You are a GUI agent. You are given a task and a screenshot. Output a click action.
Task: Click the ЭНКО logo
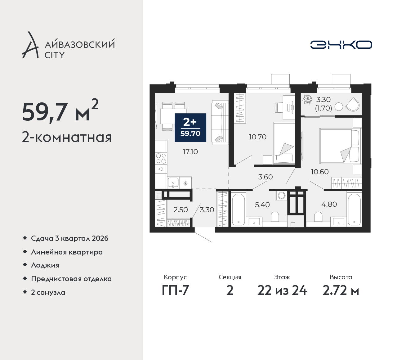[341, 45]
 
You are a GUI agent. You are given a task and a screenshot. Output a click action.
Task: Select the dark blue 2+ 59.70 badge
[190, 128]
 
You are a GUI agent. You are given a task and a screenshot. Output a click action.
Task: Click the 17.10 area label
[190, 152]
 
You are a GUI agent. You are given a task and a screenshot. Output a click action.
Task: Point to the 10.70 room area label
[258, 137]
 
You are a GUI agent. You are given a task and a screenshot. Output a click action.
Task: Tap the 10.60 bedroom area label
[320, 172]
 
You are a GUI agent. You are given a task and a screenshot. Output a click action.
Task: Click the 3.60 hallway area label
[265, 177]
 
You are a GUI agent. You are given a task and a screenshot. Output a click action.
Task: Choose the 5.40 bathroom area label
[262, 205]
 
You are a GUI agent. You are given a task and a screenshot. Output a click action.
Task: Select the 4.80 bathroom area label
[329, 204]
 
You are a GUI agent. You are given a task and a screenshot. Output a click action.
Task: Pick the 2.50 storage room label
[181, 210]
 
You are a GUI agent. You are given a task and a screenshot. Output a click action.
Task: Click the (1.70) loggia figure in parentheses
[323, 108]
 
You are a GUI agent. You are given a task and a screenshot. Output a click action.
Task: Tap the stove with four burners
[161, 158]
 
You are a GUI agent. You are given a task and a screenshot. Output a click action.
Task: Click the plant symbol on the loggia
[307, 99]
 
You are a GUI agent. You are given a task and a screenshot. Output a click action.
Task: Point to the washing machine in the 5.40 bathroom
[281, 196]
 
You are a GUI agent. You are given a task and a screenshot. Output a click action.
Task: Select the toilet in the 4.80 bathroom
[318, 217]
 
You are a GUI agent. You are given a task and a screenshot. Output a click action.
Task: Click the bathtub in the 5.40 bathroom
[238, 210]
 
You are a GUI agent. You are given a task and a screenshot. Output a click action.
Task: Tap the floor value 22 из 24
[282, 290]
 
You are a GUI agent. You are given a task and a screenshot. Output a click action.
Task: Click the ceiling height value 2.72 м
[341, 290]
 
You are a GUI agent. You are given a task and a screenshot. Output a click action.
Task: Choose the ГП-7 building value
[175, 290]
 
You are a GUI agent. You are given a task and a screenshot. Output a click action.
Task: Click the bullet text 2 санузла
[48, 292]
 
